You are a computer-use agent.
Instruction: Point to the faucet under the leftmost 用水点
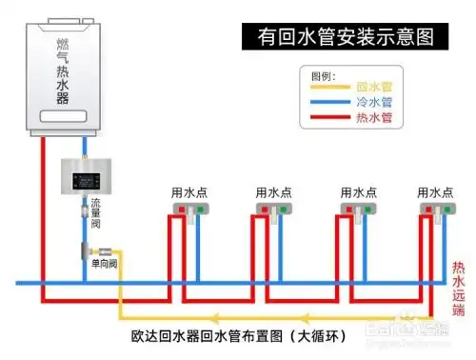click(x=190, y=210)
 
